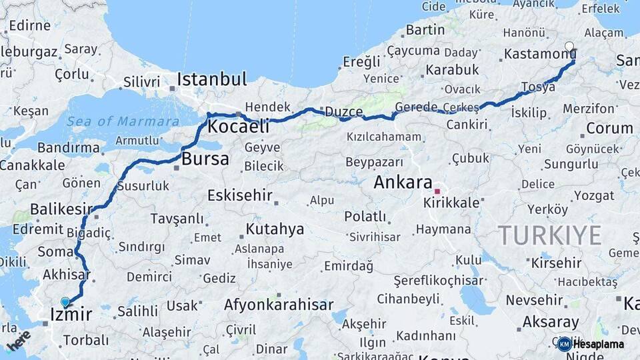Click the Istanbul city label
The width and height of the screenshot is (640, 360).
coord(211,79)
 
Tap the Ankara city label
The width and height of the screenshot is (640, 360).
coord(403,182)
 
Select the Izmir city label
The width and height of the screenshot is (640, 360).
coord(71,314)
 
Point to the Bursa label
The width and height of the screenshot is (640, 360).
coord(205,159)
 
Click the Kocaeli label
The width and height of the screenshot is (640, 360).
coord(239,127)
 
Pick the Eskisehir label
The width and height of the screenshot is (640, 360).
coord(239,195)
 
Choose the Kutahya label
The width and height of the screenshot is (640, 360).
coord(275,229)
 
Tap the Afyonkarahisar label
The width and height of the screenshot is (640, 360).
coord(279,305)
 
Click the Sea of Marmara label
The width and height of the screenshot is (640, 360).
coord(123,121)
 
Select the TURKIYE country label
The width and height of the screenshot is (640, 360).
coord(550,235)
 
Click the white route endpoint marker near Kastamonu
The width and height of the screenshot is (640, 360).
coord(569,47)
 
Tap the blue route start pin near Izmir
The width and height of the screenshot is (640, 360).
coord(65,302)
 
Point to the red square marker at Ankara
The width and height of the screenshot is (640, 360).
coord(437,191)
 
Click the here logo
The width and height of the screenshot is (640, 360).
coord(19,340)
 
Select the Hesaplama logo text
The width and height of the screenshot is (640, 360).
coord(598,344)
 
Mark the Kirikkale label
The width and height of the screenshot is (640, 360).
coord(451,203)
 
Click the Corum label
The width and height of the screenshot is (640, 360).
coord(609,128)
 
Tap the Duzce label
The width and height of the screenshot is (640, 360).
coord(344,112)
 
